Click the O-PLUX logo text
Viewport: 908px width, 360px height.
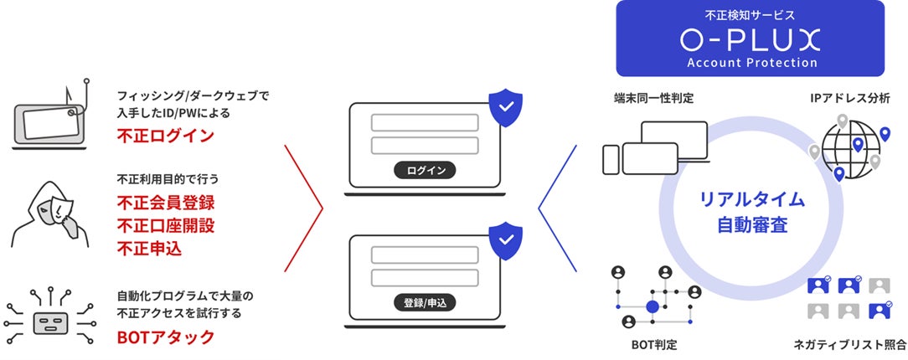pyautogui.click(x=750, y=39)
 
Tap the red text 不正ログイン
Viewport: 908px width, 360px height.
pyautogui.click(x=166, y=136)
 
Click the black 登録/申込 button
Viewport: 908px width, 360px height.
pyautogui.click(x=425, y=302)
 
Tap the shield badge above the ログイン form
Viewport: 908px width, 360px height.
pyautogui.click(x=505, y=107)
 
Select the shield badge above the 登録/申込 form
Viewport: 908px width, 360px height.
pyautogui.click(x=505, y=240)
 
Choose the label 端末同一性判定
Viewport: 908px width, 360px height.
pyautogui.click(x=653, y=99)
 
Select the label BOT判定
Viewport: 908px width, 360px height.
pyautogui.click(x=654, y=344)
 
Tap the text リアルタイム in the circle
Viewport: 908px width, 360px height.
pyautogui.click(x=751, y=199)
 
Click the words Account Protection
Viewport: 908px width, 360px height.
pyautogui.click(x=750, y=63)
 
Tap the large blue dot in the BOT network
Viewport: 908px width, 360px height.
pyautogui.click(x=653, y=307)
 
